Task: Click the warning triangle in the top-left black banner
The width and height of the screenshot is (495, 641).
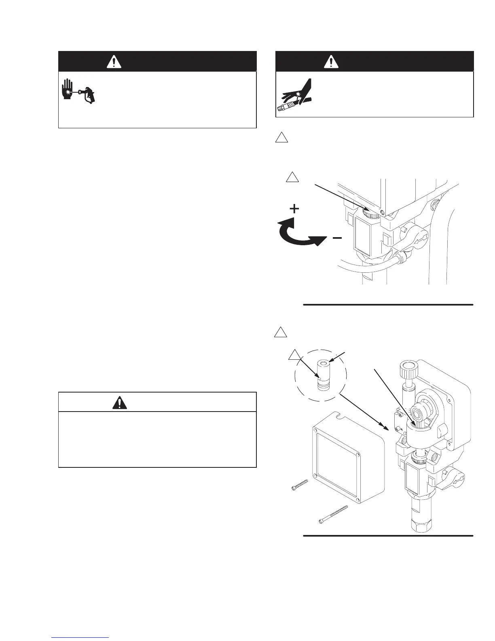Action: pyautogui.click(x=114, y=62)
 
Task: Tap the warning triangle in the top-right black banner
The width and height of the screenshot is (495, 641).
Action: pyautogui.click(x=331, y=62)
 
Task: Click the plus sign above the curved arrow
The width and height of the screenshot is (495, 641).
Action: pyautogui.click(x=295, y=209)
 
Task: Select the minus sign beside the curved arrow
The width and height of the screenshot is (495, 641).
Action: pyautogui.click(x=336, y=238)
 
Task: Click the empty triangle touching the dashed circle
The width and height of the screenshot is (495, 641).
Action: pyautogui.click(x=295, y=355)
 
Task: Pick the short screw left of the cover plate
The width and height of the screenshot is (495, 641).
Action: pyautogui.click(x=300, y=485)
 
